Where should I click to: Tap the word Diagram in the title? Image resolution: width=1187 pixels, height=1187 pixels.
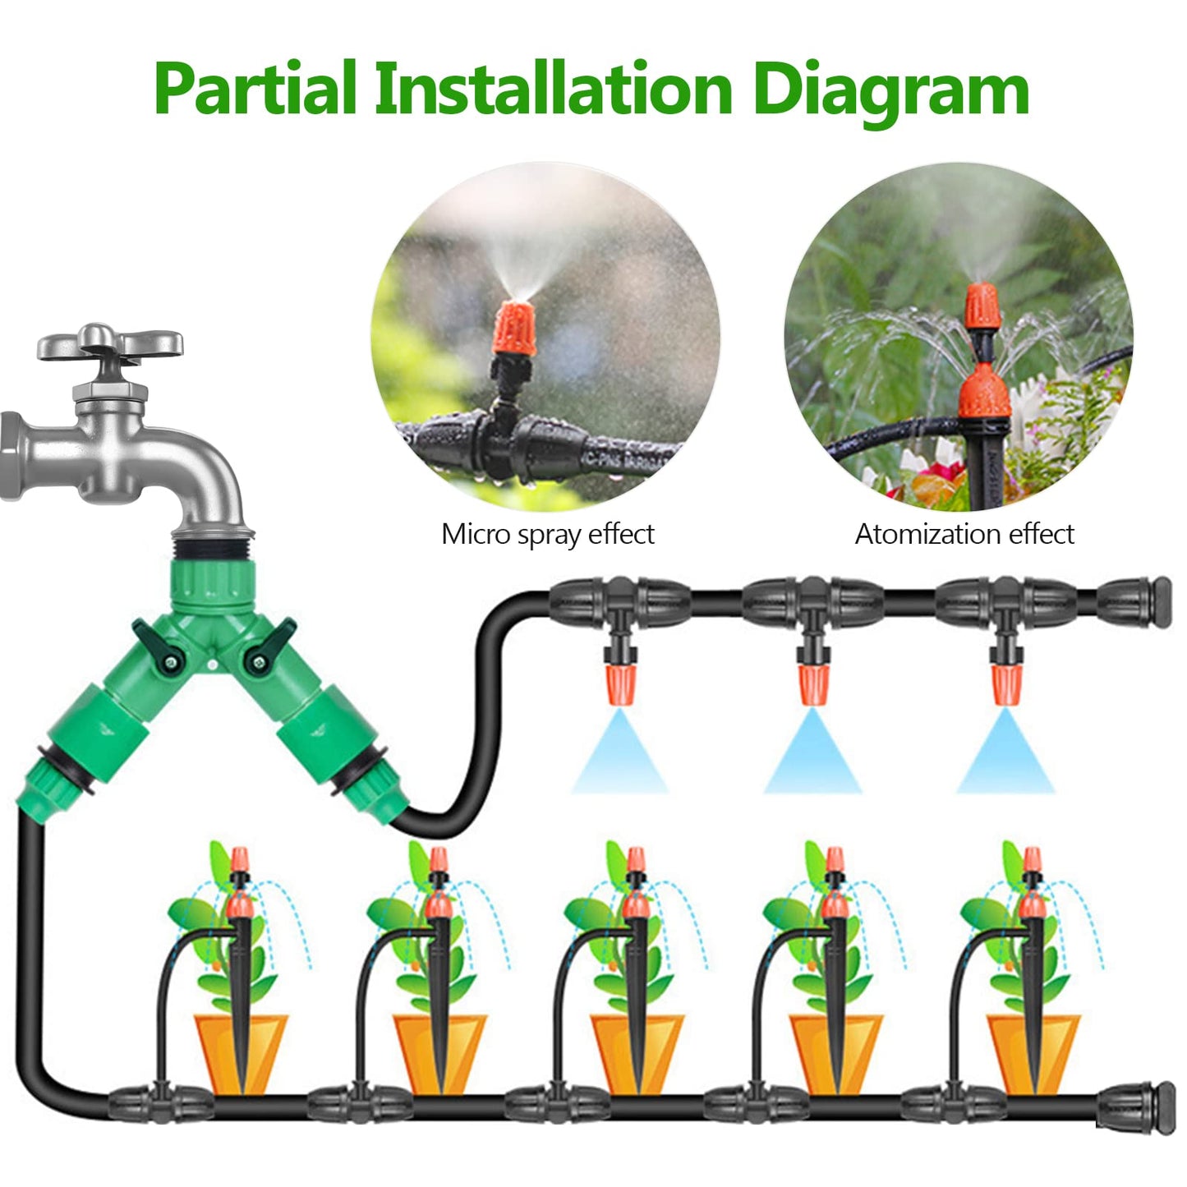[890, 90]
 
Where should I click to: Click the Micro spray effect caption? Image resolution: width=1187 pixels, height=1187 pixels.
[547, 535]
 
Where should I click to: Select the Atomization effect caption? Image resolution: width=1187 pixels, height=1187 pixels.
[964, 535]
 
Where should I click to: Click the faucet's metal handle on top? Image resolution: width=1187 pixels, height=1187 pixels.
[109, 343]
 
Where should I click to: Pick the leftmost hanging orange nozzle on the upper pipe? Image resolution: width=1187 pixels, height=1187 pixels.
[620, 684]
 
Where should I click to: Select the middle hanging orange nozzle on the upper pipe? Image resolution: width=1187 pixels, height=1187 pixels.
[812, 684]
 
